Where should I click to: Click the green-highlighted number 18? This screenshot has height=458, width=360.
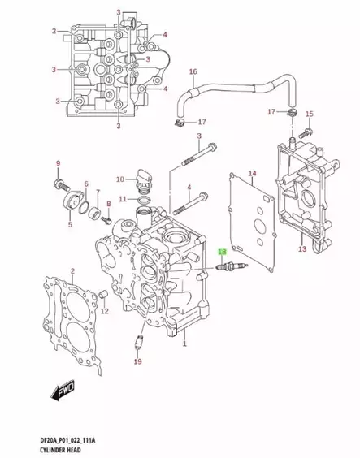[222, 253]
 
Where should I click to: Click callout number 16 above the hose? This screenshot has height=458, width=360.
[193, 72]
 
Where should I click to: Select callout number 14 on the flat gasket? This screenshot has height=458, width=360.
[251, 173]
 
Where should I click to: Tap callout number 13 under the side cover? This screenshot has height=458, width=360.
[301, 250]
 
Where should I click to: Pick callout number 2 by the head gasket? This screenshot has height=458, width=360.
[72, 271]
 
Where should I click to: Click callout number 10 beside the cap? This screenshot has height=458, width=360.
[119, 179]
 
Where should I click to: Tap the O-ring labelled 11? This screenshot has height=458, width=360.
[144, 199]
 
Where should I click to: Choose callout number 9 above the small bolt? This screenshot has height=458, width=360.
[59, 165]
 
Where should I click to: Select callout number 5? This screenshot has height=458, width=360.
[70, 225]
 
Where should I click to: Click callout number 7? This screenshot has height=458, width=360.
[98, 192]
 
